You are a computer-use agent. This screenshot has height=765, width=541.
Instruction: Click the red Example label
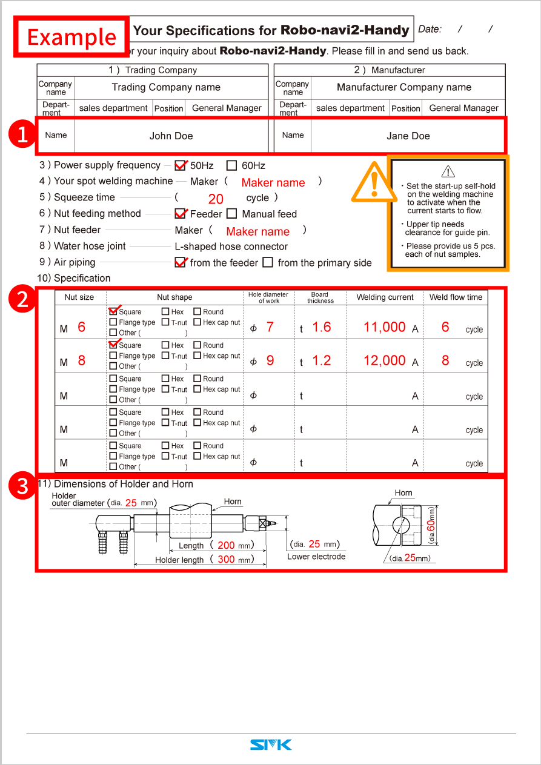(71, 37)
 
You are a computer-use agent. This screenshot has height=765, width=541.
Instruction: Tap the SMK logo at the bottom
(271, 744)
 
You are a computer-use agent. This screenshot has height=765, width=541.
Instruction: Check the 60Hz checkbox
(231, 165)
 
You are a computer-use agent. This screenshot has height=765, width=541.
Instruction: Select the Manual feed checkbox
(232, 214)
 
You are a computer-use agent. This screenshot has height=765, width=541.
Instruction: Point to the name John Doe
(171, 136)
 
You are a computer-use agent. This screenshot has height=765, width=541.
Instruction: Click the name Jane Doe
(408, 136)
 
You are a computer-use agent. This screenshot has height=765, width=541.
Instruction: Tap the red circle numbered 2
(22, 300)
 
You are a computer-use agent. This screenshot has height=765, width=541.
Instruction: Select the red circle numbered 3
(22, 486)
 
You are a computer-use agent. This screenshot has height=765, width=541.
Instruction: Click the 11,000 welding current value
(384, 327)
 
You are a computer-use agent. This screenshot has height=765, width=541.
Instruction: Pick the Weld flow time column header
(456, 297)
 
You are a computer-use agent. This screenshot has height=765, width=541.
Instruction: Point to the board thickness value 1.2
(321, 360)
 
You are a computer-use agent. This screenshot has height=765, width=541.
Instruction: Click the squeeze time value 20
(216, 199)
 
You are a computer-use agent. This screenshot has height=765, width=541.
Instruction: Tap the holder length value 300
(226, 560)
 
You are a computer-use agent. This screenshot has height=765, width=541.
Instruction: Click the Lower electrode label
(316, 557)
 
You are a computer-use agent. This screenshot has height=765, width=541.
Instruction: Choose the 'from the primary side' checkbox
(268, 263)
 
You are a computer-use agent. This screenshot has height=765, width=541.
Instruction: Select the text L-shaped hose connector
(231, 247)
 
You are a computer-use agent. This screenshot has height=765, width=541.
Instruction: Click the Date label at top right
(430, 29)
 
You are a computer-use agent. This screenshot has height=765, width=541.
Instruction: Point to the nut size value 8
(81, 360)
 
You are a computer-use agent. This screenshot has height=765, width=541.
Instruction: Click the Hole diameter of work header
(268, 297)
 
